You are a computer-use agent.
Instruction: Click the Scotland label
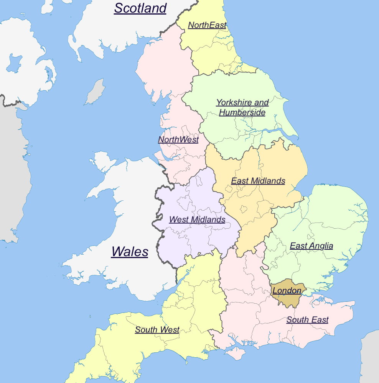[x=140, y=8]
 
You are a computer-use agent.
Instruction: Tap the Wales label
[x=130, y=252]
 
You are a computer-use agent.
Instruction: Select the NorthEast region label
[x=207, y=25]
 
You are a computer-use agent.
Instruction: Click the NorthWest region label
[x=178, y=140]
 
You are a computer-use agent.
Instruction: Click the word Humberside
[x=242, y=113]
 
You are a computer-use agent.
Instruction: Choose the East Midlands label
[x=258, y=181]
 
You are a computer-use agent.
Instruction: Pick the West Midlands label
[x=197, y=220]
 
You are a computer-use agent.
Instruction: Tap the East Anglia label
[x=311, y=246]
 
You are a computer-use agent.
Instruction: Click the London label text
[x=287, y=291]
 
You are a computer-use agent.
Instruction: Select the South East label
[x=307, y=320]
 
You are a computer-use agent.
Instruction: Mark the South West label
[x=157, y=330]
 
